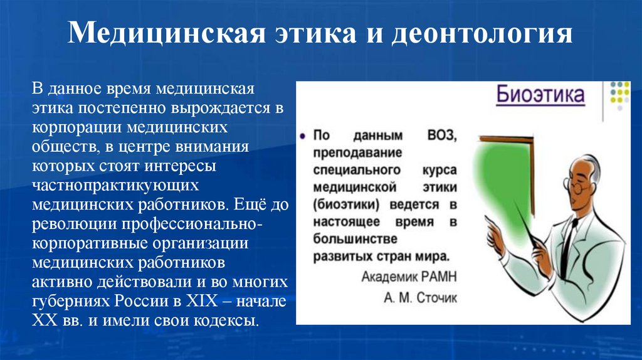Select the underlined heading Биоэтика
tap(540, 97)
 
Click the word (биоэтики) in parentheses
tap(347, 204)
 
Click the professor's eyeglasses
tap(578, 186)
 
